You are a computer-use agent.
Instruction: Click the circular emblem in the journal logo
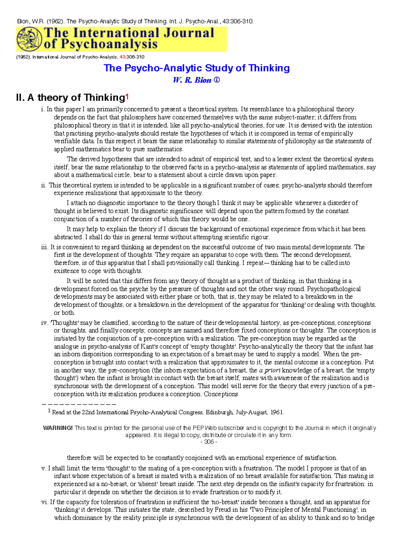coord(29,39)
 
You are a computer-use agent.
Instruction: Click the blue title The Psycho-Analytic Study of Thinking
coord(196,68)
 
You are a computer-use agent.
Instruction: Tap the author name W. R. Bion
coord(192,80)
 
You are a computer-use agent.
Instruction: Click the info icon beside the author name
coord(217,80)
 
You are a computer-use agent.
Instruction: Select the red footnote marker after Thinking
coord(127,97)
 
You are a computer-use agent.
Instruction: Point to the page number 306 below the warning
coord(209,442)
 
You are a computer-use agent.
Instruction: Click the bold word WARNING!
coord(58,428)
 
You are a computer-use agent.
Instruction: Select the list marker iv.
coord(45,323)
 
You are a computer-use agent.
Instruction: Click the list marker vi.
coord(45,502)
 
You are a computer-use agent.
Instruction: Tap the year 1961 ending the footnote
coord(277,413)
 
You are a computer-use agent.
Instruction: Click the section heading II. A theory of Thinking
coord(70,98)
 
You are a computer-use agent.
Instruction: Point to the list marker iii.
coord(45,247)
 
